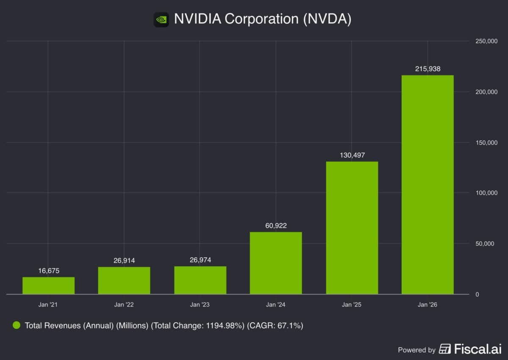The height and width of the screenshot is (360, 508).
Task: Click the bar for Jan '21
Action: pyautogui.click(x=48, y=286)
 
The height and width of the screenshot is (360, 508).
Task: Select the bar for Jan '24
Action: pyautogui.click(x=276, y=263)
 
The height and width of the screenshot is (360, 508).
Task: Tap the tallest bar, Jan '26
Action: pyautogui.click(x=428, y=184)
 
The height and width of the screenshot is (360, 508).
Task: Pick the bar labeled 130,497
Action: pyautogui.click(x=352, y=228)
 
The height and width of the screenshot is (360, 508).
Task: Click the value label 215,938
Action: pyautogui.click(x=428, y=69)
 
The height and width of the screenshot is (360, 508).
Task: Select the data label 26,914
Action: pyautogui.click(x=124, y=261)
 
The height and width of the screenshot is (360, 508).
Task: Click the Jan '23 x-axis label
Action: pyautogui.click(x=200, y=304)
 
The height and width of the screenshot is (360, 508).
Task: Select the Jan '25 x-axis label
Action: pyautogui.click(x=352, y=304)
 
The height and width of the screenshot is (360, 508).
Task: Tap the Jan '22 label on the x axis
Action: pyautogui.click(x=124, y=304)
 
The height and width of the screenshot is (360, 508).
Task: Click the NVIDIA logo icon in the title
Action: pyautogui.click(x=161, y=19)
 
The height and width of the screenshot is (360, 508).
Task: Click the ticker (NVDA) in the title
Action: pyautogui.click(x=327, y=19)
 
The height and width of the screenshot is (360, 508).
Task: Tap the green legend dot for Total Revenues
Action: pyautogui.click(x=17, y=325)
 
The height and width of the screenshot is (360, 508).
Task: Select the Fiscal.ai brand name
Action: pyautogui.click(x=478, y=349)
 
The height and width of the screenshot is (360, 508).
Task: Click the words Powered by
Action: pyautogui.click(x=417, y=350)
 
